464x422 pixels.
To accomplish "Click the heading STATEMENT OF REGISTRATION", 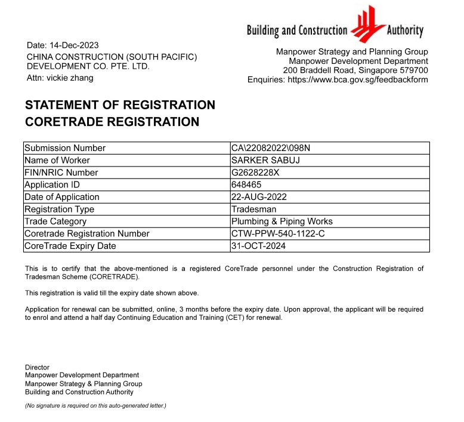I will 120,105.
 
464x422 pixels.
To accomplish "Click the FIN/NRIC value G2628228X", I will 255,173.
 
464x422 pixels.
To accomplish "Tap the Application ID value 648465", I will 246,184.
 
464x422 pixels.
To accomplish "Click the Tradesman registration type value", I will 252,210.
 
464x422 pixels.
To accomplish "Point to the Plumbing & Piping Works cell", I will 282,221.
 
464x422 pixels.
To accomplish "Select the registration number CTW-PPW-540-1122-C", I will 278,233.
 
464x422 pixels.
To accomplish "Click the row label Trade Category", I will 55,221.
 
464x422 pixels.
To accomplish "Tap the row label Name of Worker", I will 57,160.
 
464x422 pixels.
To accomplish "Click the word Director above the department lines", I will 37,367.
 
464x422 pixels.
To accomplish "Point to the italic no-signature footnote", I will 95,406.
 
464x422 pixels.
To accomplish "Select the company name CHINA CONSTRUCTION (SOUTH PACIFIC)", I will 112,57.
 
